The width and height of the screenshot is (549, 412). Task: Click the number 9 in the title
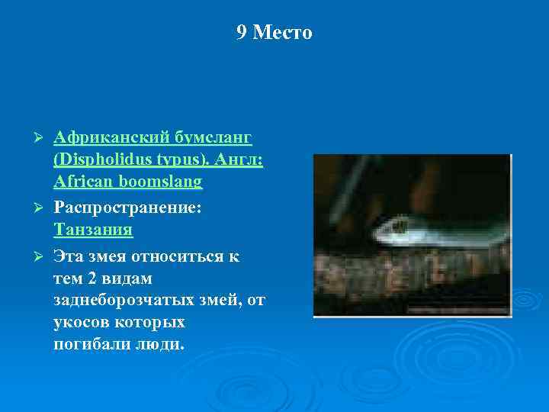point(242,33)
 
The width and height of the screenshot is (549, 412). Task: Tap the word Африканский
point(108,138)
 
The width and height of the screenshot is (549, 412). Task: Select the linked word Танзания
point(93,230)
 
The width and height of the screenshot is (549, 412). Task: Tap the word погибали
point(88,344)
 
